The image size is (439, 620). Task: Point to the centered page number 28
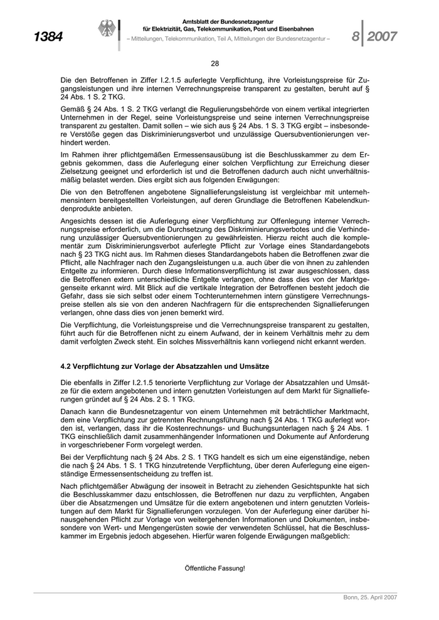[x=215, y=63]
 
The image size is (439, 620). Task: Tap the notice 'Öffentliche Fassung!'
[x=215, y=568]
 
